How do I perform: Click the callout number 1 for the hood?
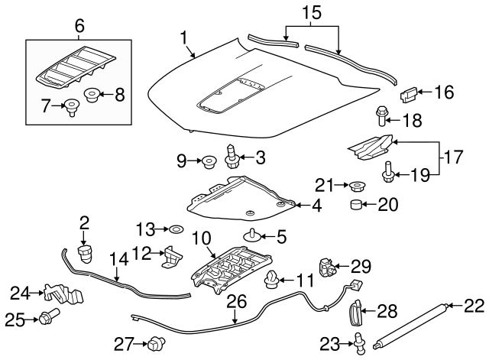click(183, 36)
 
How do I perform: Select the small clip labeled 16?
click(409, 94)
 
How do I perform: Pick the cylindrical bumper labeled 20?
click(357, 205)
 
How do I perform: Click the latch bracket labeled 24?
click(61, 295)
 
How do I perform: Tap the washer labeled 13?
click(175, 229)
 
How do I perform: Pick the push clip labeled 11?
click(270, 284)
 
